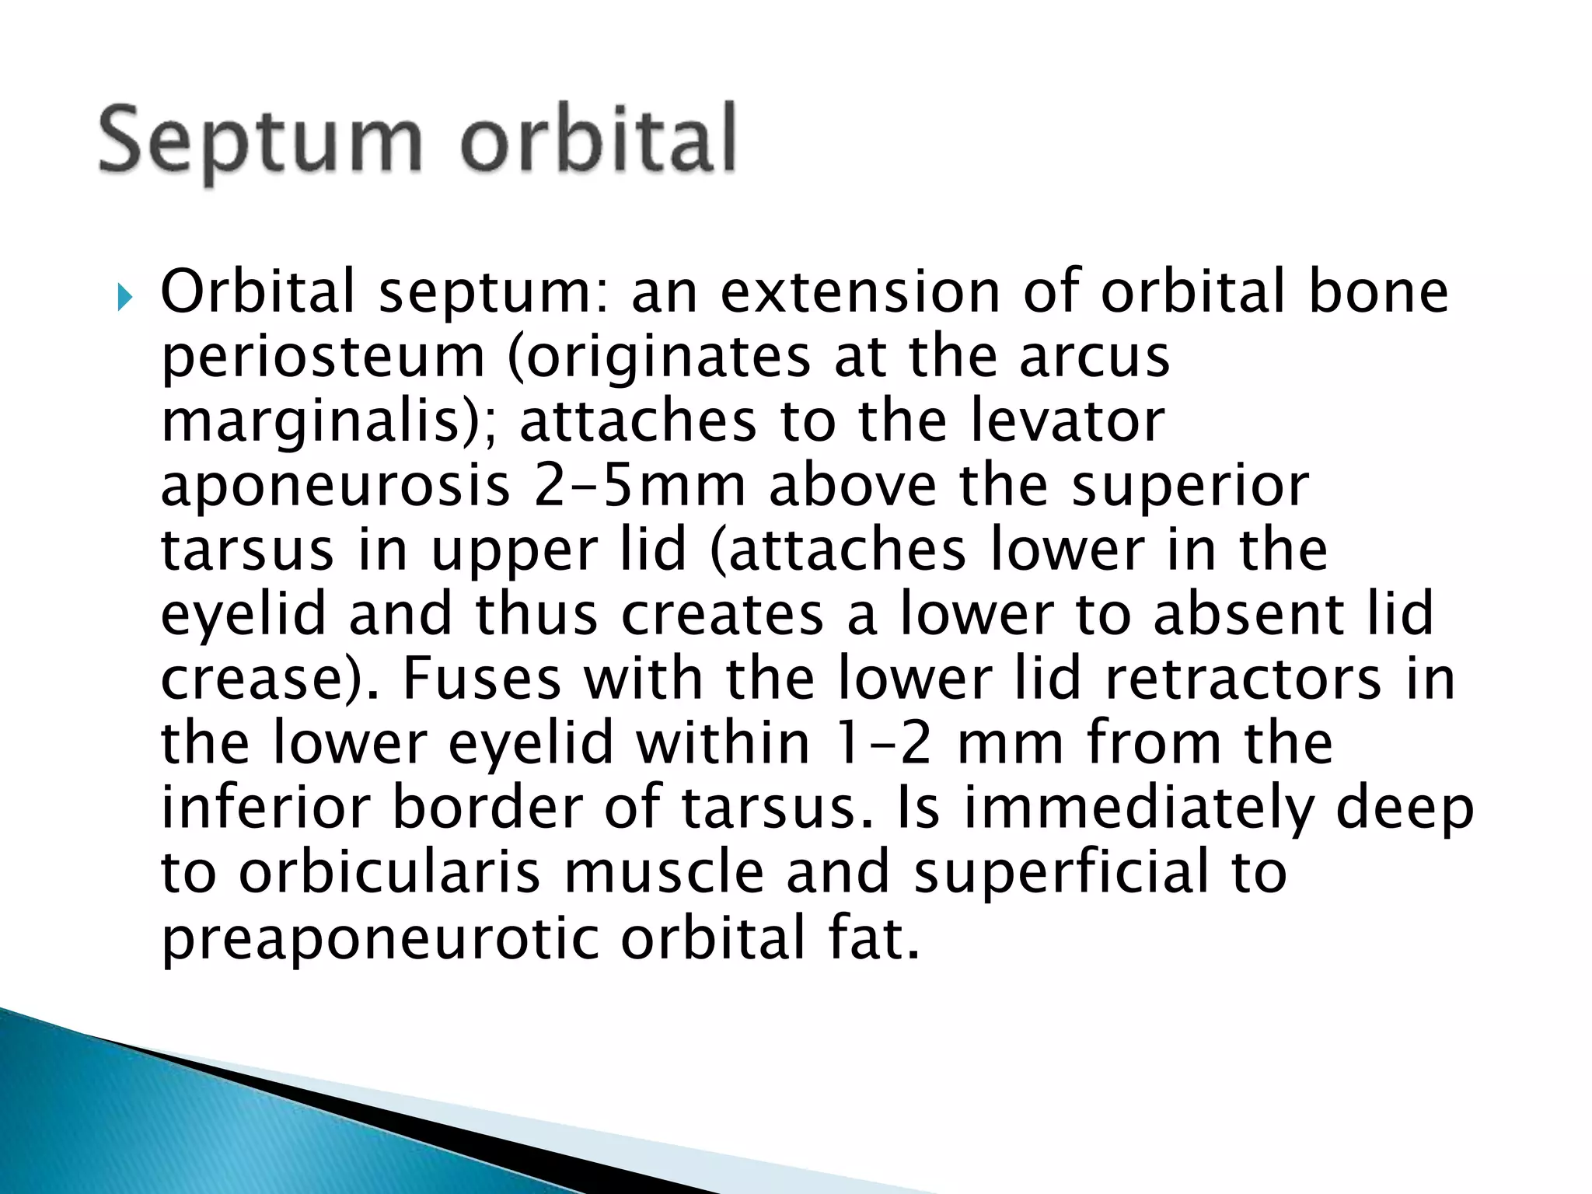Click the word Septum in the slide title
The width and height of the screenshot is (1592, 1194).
[x=260, y=142]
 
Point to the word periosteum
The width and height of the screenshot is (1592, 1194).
[x=323, y=357]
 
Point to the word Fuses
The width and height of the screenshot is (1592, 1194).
[x=481, y=678]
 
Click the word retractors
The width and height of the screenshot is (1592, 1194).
[x=1243, y=678]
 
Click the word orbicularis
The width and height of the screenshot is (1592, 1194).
[x=389, y=871]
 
